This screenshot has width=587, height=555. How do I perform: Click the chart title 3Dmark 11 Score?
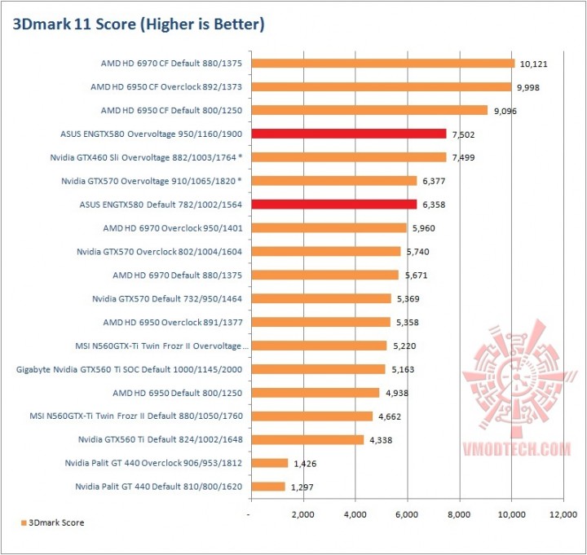pyautogui.click(x=139, y=24)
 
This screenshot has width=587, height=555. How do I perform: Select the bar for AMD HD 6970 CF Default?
pyautogui.click(x=383, y=63)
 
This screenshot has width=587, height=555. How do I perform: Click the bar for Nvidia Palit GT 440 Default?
pyautogui.click(x=268, y=487)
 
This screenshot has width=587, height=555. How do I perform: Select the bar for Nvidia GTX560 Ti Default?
pyautogui.click(x=307, y=439)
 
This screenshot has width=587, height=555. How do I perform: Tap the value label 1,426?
pyautogui.click(x=307, y=464)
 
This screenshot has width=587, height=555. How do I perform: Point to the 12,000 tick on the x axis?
pyautogui.click(x=563, y=515)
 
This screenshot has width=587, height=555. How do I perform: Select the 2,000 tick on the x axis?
pyautogui.click(x=302, y=515)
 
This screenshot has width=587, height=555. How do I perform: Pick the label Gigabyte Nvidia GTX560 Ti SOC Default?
pyautogui.click(x=129, y=369)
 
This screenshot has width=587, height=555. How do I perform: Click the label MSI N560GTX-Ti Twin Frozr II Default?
pyautogui.click(x=132, y=416)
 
